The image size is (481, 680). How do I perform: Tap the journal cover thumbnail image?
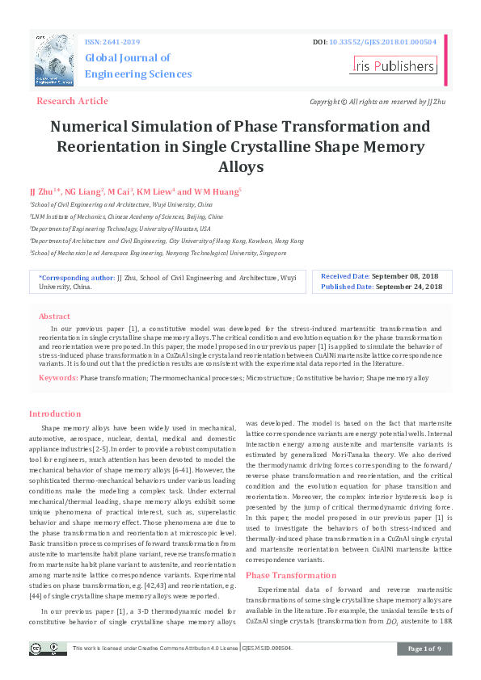(x=54, y=61)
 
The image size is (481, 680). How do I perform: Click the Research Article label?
(x=72, y=101)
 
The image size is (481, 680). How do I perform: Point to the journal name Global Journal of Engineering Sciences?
(x=138, y=65)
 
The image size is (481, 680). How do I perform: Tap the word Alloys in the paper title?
(x=241, y=167)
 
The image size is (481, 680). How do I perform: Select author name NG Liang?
(x=83, y=191)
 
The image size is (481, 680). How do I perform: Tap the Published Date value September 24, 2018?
(x=408, y=287)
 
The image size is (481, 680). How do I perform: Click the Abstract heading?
(x=54, y=317)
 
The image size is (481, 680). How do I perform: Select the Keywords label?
(x=57, y=377)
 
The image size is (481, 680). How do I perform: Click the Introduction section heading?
(x=55, y=413)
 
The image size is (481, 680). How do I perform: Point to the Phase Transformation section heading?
(x=290, y=575)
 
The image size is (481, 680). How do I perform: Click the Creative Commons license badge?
(x=49, y=648)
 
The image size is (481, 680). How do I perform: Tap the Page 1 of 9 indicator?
(x=424, y=649)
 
